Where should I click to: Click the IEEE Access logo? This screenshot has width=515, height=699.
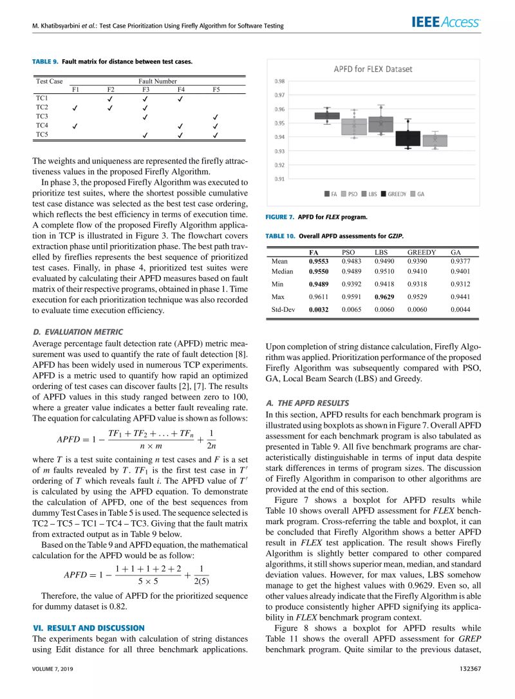click(445, 23)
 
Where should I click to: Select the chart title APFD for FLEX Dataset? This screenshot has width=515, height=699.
click(373, 69)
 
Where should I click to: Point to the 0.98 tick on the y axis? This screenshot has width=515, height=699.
click(279, 81)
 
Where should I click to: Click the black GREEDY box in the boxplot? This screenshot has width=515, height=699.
click(407, 138)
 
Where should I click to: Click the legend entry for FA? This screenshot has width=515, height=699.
click(331, 193)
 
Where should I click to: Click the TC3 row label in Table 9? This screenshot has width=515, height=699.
click(42, 116)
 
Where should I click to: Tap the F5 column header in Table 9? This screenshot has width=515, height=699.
click(216, 89)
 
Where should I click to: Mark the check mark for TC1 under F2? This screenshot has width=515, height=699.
click(111, 98)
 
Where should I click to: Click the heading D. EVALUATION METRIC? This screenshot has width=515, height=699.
click(77, 332)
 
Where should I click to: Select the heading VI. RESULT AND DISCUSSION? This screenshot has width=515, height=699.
click(88, 627)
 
